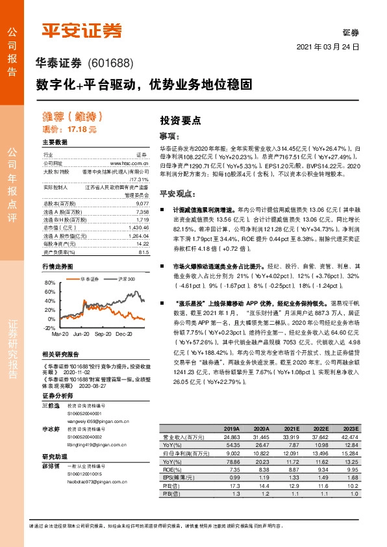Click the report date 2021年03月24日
tap(327, 48)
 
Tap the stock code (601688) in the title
tap(109, 64)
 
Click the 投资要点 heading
tap(181, 120)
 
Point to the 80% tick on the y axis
tap(50, 284)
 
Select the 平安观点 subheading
tap(177, 194)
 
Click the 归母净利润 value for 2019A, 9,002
tap(232, 453)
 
